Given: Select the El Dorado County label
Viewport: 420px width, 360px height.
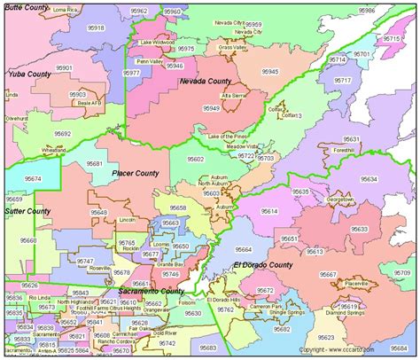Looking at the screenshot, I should [263, 266].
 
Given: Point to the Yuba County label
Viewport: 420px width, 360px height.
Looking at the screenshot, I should [27, 75].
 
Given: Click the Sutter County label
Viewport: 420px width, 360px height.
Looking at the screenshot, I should [27, 212].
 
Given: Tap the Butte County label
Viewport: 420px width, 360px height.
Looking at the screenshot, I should [27, 6].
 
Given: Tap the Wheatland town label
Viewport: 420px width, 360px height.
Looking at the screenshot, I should [54, 151].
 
